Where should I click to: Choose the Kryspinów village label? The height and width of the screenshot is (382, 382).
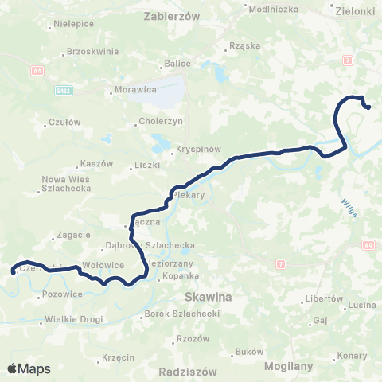pos(177,150)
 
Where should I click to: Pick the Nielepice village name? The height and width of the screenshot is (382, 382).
pos(74,24)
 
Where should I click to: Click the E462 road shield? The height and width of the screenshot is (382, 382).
pos(64,90)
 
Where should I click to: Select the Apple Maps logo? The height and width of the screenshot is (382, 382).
pos(29,369)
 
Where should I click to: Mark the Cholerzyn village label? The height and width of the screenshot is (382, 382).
pos(162,123)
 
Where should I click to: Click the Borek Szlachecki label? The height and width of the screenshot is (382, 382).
pos(182,314)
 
